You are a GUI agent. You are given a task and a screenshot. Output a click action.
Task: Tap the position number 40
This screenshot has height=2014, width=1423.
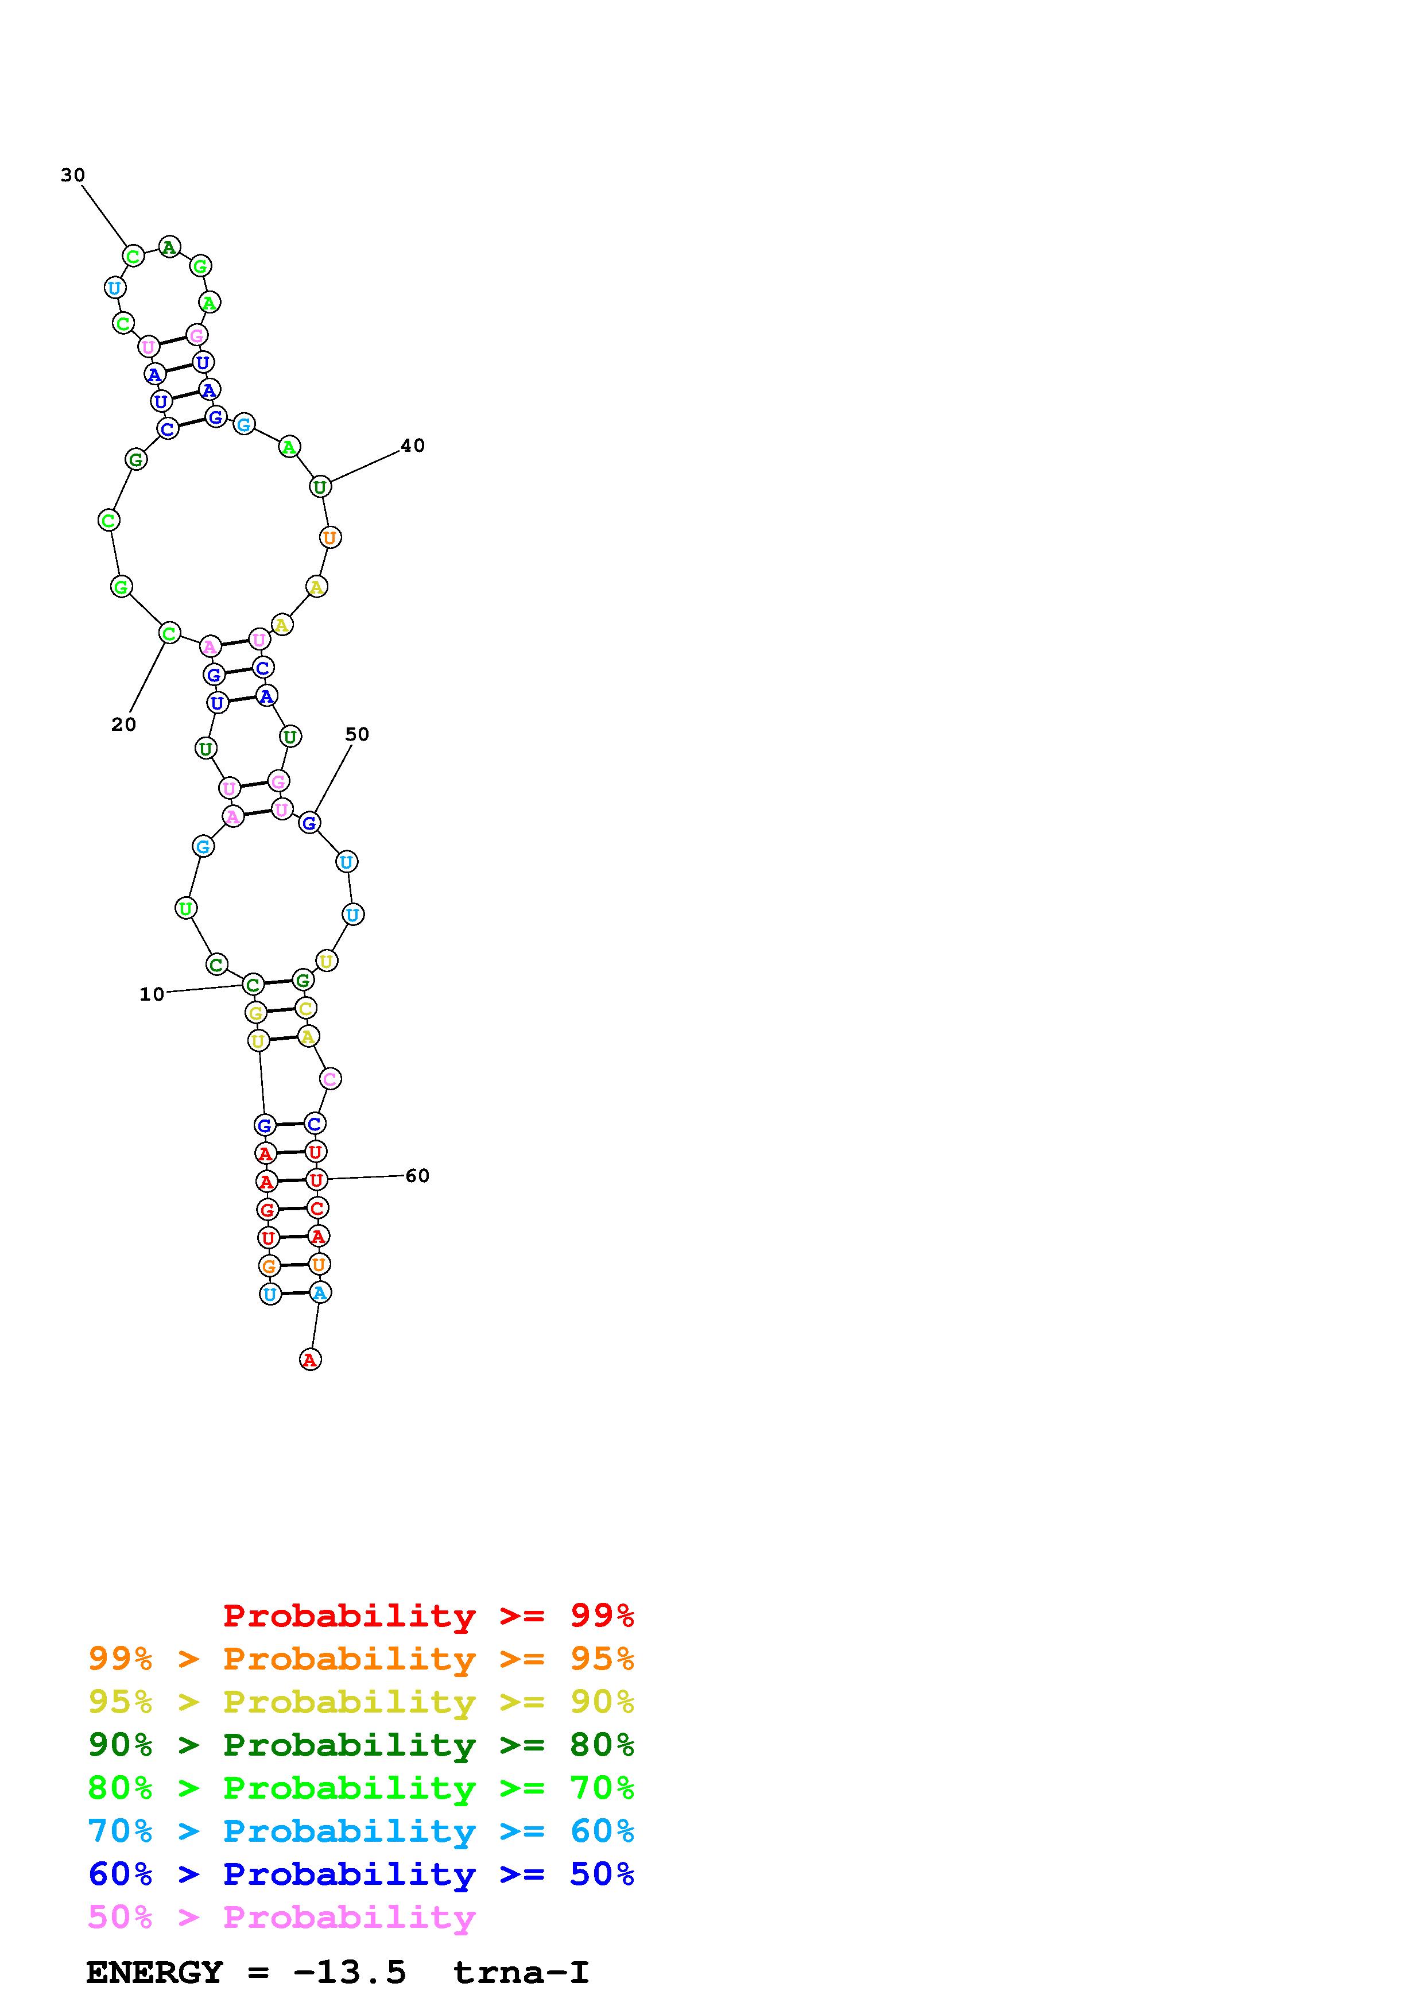(413, 446)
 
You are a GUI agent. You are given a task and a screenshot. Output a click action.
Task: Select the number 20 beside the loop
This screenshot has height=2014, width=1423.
(123, 725)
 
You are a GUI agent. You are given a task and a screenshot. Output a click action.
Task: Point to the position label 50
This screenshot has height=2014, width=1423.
(357, 734)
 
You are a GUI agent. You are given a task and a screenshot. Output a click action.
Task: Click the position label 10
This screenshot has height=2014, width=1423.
(152, 994)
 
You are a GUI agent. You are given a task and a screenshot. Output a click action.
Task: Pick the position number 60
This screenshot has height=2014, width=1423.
(417, 1175)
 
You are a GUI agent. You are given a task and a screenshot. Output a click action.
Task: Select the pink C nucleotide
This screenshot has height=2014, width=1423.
(329, 1079)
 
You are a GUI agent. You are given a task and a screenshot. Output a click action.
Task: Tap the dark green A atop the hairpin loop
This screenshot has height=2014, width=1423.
(169, 247)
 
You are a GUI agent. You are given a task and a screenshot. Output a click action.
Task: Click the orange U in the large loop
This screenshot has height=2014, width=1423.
(329, 537)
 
